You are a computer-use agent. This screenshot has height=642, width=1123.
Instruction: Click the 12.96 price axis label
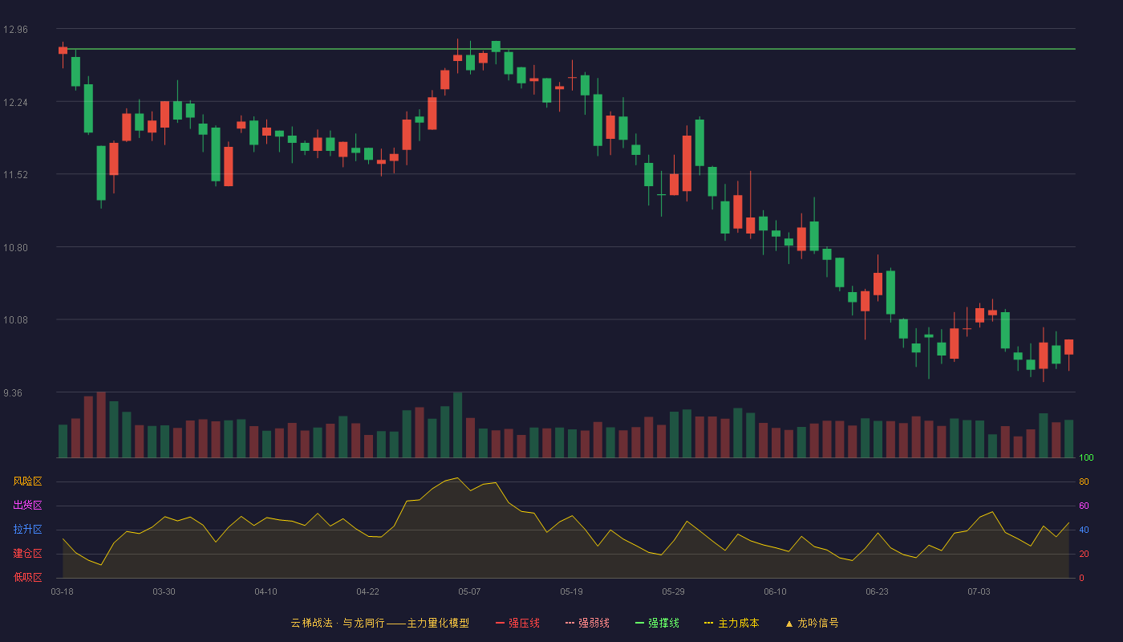pyautogui.click(x=15, y=30)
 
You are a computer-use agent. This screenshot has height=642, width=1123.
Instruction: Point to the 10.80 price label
pyautogui.click(x=15, y=248)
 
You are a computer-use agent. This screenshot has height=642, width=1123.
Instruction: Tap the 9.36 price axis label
pyautogui.click(x=13, y=393)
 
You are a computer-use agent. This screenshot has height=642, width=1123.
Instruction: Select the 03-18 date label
pyautogui.click(x=63, y=592)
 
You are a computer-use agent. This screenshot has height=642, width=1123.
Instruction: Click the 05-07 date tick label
pyautogui.click(x=469, y=592)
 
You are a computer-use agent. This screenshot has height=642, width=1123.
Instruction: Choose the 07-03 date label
pyautogui.click(x=979, y=592)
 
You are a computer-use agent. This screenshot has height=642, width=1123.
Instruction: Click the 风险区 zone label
pyautogui.click(x=27, y=481)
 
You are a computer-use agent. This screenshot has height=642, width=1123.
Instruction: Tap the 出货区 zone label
pyautogui.click(x=27, y=505)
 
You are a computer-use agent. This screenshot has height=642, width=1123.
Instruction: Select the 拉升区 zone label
pyautogui.click(x=27, y=529)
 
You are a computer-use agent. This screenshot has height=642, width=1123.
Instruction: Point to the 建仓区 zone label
pyautogui.click(x=27, y=553)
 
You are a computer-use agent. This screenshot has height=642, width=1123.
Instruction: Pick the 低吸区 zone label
pyautogui.click(x=27, y=577)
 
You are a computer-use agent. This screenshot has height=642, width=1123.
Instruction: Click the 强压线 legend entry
pyautogui.click(x=517, y=623)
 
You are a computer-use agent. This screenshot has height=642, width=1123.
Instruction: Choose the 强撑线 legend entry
pyautogui.click(x=657, y=623)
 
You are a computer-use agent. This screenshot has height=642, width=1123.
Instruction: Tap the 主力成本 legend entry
pyautogui.click(x=732, y=623)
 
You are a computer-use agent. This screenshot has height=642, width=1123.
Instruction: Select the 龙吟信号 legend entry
pyautogui.click(x=812, y=623)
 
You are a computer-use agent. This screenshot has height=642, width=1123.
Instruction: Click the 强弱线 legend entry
pyautogui.click(x=587, y=623)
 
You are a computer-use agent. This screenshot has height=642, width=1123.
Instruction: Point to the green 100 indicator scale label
pyautogui.click(x=1086, y=457)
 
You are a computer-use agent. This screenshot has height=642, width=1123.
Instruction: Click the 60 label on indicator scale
pyautogui.click(x=1084, y=506)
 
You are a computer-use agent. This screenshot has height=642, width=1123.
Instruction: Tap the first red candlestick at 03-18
pyautogui.click(x=63, y=50)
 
